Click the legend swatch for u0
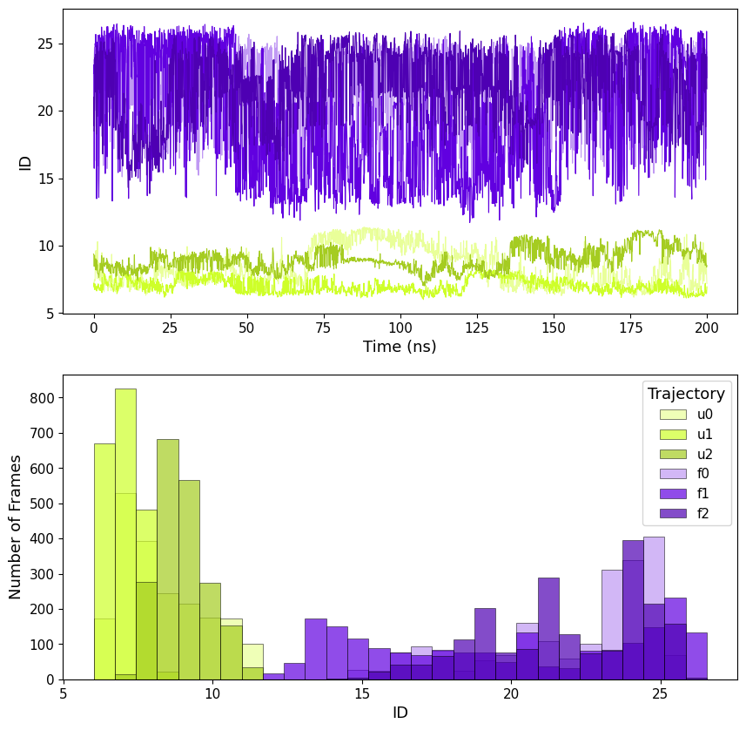coord(673,415)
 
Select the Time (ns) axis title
coord(400,347)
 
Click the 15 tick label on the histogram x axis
coord(362,693)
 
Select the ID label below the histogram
coord(400,713)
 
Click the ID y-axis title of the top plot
coord(25,162)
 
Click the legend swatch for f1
coord(673,494)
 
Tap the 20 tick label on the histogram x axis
coord(511,693)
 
